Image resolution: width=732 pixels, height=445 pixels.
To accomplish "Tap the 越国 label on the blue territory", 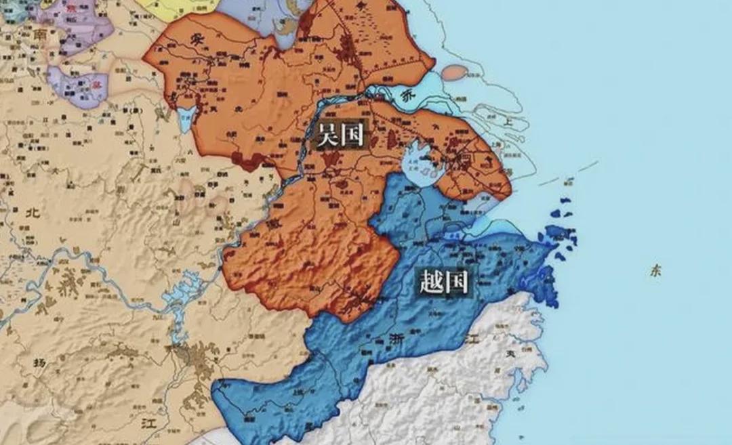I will pyautogui.click(x=444, y=281).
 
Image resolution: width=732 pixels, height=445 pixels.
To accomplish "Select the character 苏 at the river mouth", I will pyautogui.click(x=407, y=97).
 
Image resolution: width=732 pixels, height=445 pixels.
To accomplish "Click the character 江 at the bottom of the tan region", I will pyautogui.click(x=148, y=424).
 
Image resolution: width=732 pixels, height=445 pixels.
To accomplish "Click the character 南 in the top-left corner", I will pyautogui.click(x=39, y=34).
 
